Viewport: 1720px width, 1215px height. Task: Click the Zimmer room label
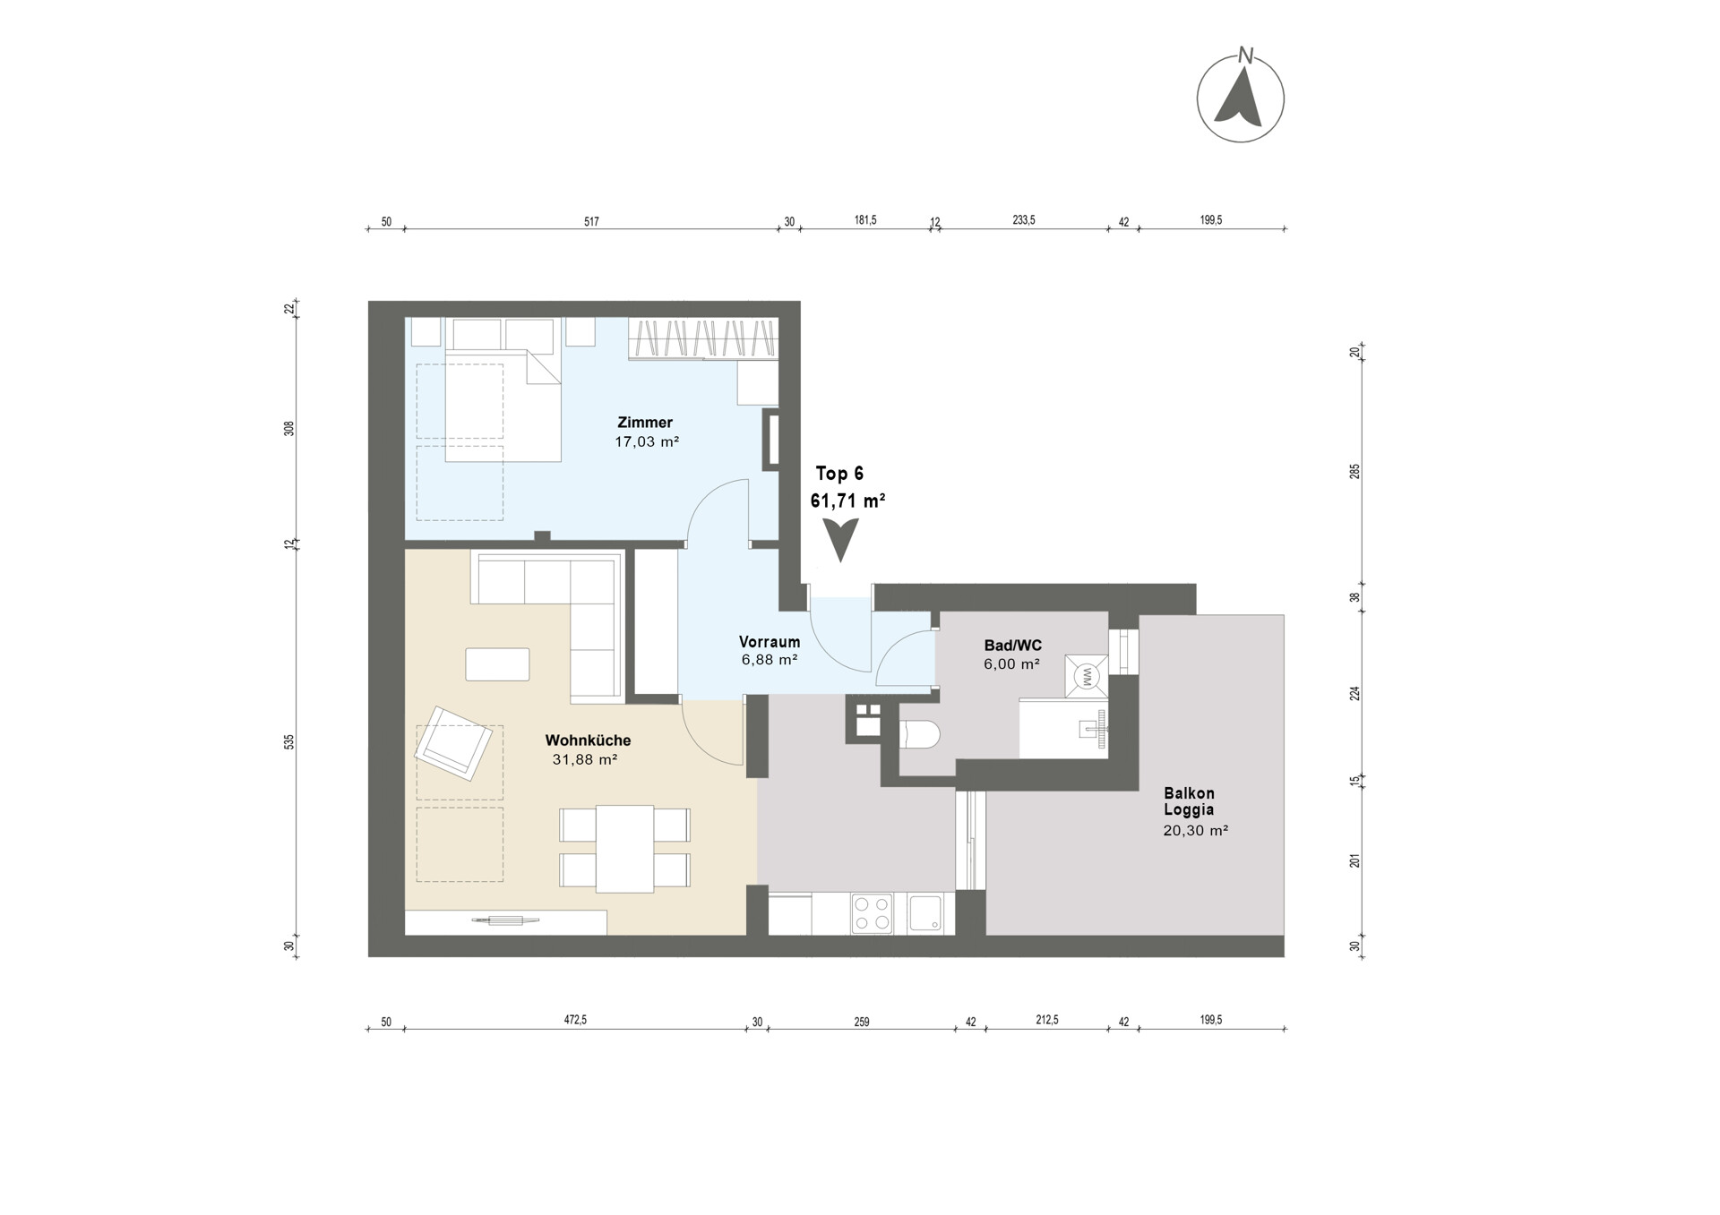coord(645,423)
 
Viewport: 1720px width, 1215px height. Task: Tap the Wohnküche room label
coord(588,740)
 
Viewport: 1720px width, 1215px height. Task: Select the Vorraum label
coord(770,642)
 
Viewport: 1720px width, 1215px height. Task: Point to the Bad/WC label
coord(1013,646)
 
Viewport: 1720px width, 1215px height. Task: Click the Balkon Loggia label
coord(1189,801)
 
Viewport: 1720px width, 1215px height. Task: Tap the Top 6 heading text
coord(839,474)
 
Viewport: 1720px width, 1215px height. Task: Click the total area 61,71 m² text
coord(848,501)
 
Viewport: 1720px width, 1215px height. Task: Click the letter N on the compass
coord(1245,56)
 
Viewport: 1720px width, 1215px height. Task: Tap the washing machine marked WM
coord(1086,676)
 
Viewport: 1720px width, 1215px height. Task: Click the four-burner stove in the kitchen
coord(873,914)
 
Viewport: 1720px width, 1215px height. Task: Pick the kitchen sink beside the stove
coord(925,914)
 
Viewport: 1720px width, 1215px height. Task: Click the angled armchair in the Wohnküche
coord(453,743)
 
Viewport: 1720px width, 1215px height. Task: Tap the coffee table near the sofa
coord(497,664)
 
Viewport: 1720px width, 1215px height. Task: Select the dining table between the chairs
coord(625,849)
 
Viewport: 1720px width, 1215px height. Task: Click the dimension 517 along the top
coord(591,222)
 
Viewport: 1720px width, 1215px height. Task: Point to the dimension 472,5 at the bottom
coord(575,1021)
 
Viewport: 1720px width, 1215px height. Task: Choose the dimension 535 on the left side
coord(288,742)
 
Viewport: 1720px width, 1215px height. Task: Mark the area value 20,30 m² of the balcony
coord(1195,830)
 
